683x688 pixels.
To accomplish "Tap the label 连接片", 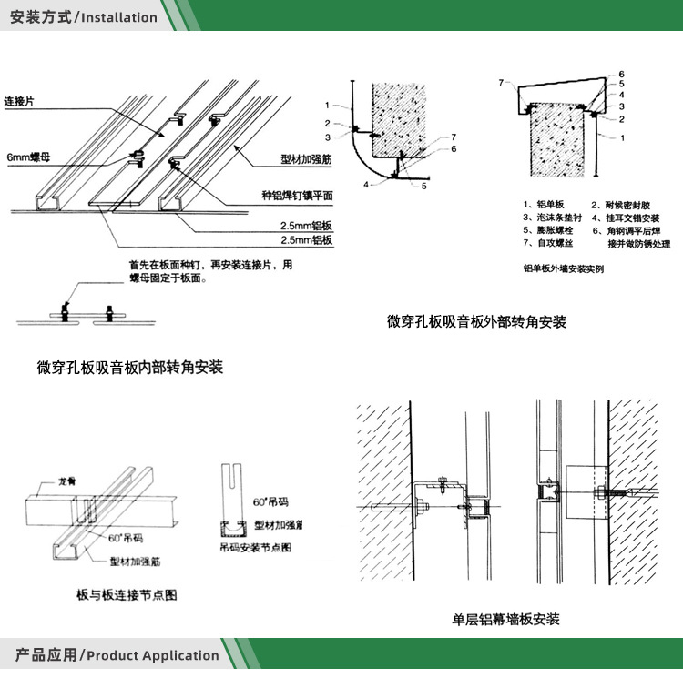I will point(21,101).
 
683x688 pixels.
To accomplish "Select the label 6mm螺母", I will point(28,157).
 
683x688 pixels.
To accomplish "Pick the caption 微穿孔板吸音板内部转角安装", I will point(130,368).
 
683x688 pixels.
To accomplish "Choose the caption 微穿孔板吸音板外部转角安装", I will point(476,321).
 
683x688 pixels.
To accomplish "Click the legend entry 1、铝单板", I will point(545,205).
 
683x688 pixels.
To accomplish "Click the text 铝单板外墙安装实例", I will point(564,268).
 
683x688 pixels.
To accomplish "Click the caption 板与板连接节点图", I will point(127,595).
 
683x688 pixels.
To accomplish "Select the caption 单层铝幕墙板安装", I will point(506,620).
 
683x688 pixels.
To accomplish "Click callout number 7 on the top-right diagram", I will point(501,83).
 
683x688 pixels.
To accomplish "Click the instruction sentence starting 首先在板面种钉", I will point(211,271).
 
